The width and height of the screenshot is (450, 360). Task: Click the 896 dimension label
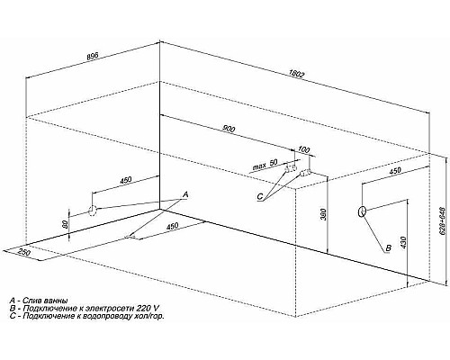[x=92, y=57]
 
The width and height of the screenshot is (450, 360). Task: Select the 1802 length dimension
[x=297, y=74]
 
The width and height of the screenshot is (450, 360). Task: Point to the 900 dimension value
[x=229, y=129]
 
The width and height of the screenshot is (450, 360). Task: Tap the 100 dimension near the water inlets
[x=304, y=150]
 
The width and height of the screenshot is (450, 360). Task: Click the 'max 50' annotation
[x=265, y=165]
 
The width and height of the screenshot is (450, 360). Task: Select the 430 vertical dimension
[x=403, y=243]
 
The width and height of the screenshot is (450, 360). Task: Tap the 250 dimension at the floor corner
[x=23, y=252]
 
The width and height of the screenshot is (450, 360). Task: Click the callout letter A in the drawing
[x=185, y=195]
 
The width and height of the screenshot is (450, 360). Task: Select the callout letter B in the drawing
[x=388, y=248]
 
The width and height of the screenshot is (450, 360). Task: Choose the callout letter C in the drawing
[x=260, y=197]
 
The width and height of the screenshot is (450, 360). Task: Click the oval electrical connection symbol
[x=362, y=211]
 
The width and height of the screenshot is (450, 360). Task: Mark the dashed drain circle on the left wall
[x=92, y=211]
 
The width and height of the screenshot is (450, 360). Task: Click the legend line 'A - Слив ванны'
[x=39, y=301]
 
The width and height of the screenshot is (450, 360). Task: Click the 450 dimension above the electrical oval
[x=395, y=171]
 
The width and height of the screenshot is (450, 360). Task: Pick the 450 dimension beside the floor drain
[x=172, y=226]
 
